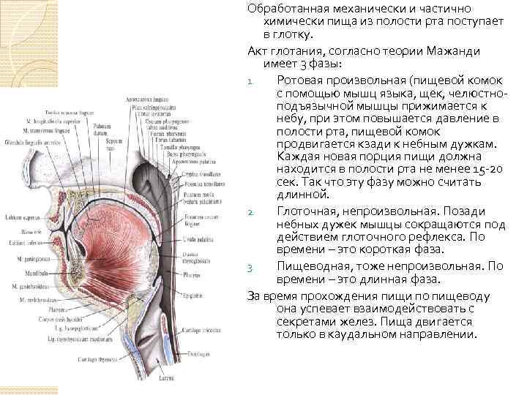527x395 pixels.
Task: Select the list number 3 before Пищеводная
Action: pos(250,266)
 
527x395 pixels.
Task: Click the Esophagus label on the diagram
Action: pos(196,353)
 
